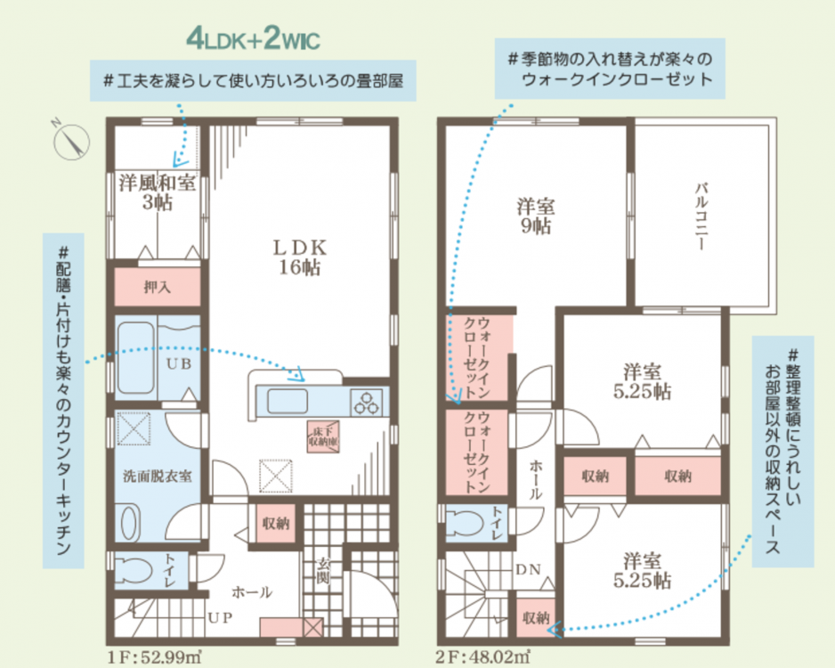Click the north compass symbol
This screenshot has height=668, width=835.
[x=71, y=141]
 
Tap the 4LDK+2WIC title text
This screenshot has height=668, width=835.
[x=254, y=38]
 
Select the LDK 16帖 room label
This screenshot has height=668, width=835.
[x=300, y=257]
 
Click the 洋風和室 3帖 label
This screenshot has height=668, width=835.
[x=157, y=191]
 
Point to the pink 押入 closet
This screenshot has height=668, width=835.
[x=158, y=287]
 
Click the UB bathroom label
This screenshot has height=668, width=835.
[x=179, y=363]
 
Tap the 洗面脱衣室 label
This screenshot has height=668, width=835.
[x=157, y=476]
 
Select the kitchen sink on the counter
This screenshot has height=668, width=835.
[x=287, y=401]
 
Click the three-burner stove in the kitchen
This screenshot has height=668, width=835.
[x=366, y=403]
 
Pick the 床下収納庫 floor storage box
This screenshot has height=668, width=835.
[x=323, y=436]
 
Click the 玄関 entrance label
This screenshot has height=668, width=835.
[x=323, y=571]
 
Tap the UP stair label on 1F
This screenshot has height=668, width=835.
[x=220, y=617]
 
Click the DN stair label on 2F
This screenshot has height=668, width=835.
[x=528, y=569]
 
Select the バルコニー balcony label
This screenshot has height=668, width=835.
[x=701, y=216]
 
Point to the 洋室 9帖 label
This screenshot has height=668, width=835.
[x=536, y=216]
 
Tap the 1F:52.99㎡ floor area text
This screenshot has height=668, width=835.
[x=154, y=657]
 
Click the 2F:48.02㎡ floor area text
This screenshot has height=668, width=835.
[x=482, y=657]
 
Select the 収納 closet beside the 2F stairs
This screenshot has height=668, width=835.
[x=536, y=617]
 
